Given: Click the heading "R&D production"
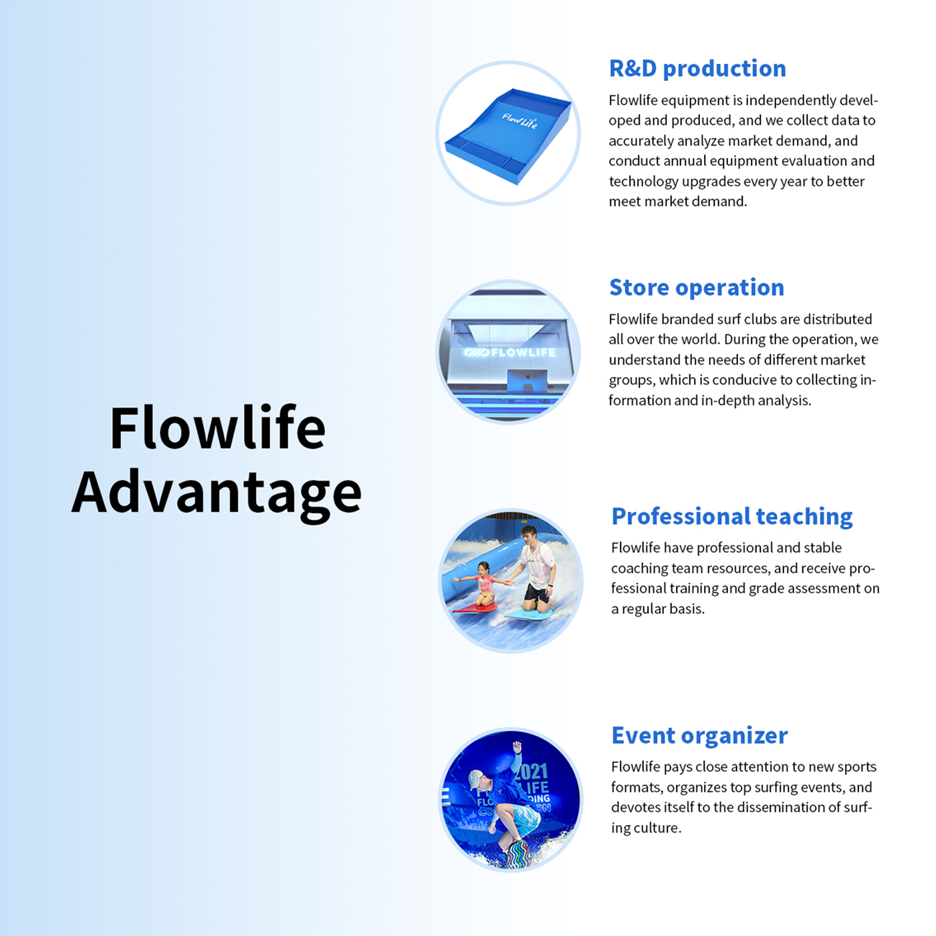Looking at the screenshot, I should [x=697, y=68].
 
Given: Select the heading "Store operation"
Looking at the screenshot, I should [x=696, y=287].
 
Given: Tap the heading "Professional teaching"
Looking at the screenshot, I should [x=731, y=516].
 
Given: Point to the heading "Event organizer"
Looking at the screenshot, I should [x=699, y=735].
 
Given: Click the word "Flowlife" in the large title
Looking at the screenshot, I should [x=217, y=428].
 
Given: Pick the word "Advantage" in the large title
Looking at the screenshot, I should [x=217, y=493].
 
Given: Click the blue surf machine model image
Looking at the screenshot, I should [x=508, y=134].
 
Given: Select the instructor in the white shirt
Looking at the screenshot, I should [x=537, y=565].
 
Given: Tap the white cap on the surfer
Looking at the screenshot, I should [x=476, y=778].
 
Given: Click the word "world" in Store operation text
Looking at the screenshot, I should [x=699, y=340].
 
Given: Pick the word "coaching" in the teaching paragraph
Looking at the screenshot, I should [x=638, y=568].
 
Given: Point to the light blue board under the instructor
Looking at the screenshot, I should [x=528, y=612].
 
